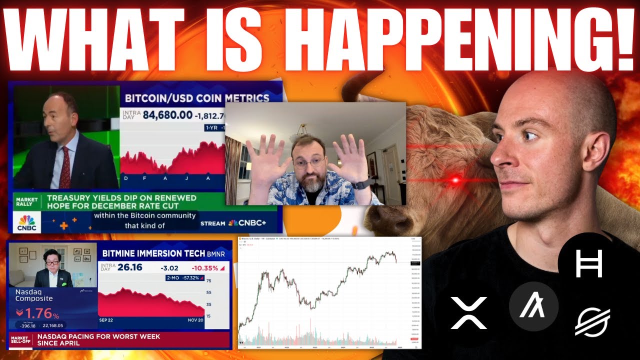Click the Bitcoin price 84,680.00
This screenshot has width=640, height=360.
[x=167, y=115]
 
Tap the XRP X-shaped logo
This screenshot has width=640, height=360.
[x=468, y=313]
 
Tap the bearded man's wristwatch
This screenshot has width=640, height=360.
[x=358, y=184]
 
